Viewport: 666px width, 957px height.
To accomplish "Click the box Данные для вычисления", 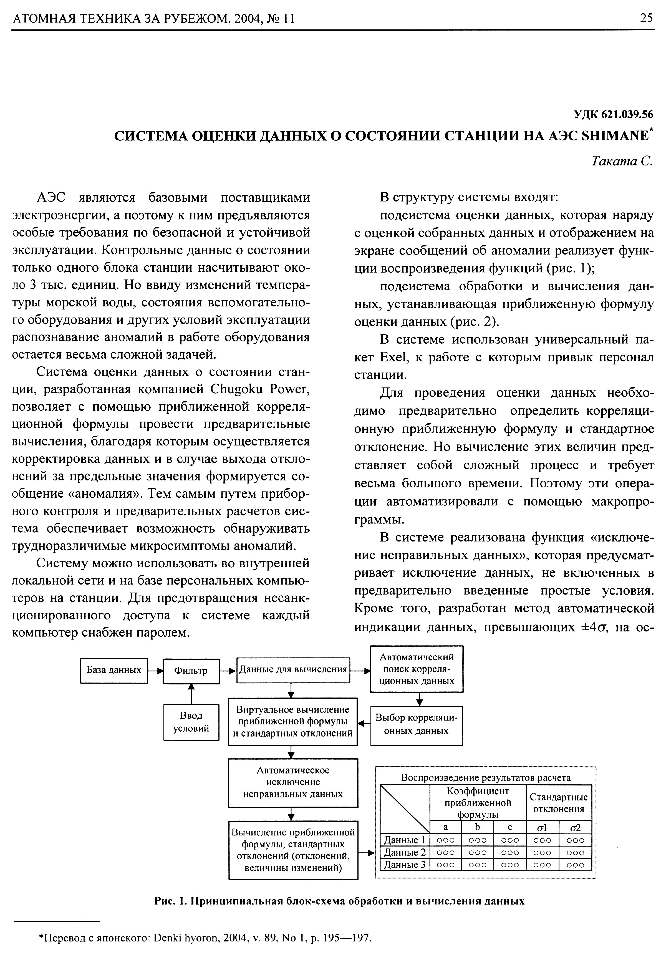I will coord(293,670).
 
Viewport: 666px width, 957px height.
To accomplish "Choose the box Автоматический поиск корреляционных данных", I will coord(416,669).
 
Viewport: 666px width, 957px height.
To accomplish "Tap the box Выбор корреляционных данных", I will coord(416,724).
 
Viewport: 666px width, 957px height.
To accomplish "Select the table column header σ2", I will coord(575,827).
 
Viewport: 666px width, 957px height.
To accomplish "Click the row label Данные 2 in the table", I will coord(404,852).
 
